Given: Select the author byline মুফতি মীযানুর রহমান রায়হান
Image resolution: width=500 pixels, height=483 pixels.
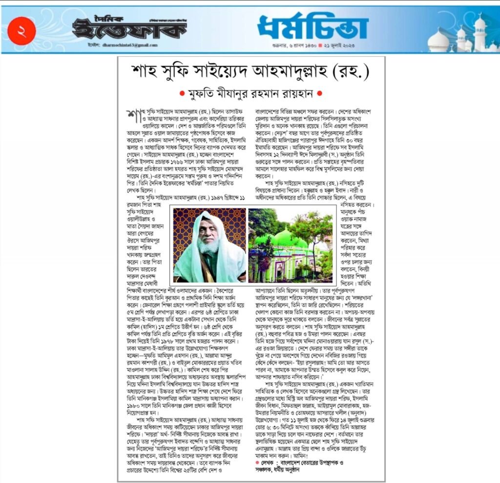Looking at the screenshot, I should (x=251, y=93).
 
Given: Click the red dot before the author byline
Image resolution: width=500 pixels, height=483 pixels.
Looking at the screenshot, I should (x=182, y=93).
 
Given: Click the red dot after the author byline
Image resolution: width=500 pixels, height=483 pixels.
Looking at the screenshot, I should (x=320, y=93).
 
